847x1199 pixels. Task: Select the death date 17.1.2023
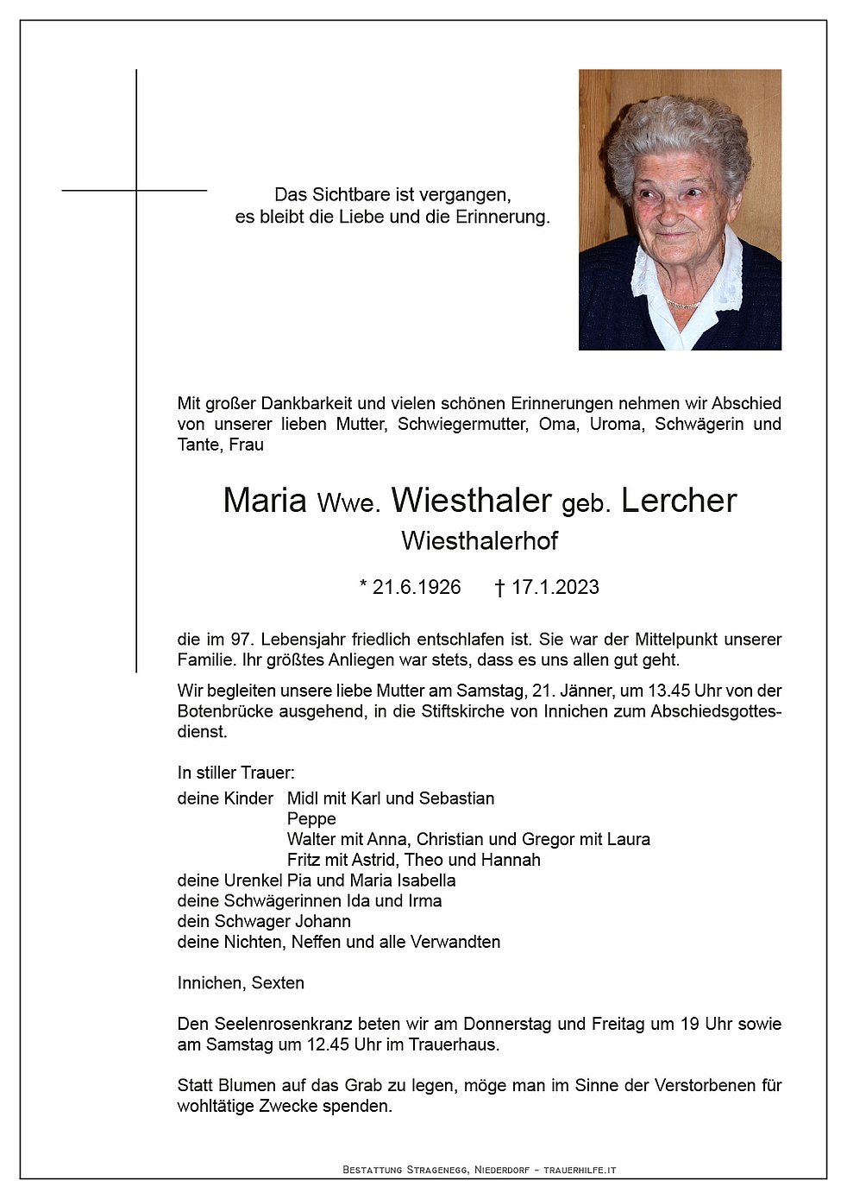555,587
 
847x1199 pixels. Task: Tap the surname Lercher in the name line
679,501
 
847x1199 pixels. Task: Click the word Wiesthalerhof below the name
480,541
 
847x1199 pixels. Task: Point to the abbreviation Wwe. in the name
348,503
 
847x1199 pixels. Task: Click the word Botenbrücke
228,711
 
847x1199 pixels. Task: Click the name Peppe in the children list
311,818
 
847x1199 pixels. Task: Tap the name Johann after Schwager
323,921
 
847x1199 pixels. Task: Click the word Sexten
278,983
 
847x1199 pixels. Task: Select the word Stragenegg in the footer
437,1170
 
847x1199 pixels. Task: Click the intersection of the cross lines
136,190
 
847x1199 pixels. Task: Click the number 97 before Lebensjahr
241,640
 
